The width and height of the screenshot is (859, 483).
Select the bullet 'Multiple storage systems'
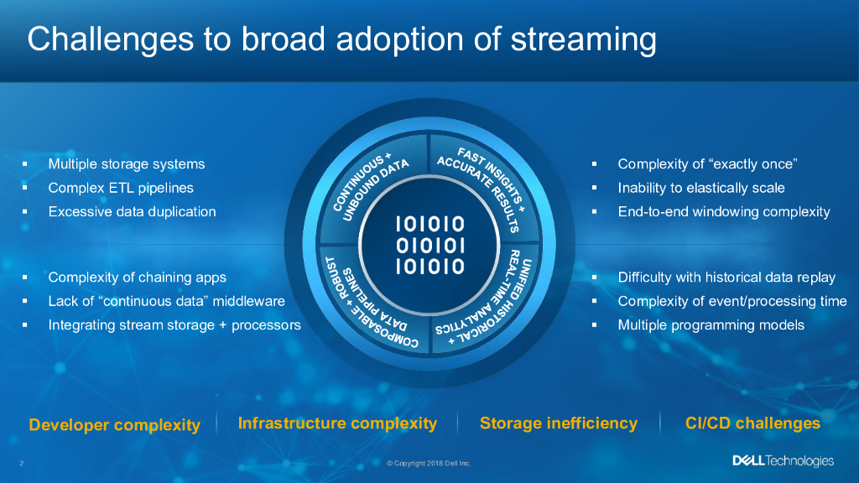point(126,164)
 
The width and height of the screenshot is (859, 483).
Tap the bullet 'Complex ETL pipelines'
point(121,188)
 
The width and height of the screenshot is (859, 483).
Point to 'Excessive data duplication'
point(132,212)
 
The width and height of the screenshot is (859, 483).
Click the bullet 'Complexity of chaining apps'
point(137,278)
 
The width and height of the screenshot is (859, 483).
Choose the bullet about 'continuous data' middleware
point(166,301)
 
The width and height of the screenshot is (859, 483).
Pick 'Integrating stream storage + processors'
point(174,325)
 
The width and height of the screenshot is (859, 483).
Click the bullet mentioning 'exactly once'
point(706,164)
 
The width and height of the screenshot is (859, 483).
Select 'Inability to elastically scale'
point(700,188)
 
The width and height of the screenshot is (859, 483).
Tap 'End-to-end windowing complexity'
point(723,212)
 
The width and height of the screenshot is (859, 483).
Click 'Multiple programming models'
point(711,325)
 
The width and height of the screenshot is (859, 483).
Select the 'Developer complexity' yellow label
point(114,425)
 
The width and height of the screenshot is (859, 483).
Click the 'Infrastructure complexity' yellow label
point(337,423)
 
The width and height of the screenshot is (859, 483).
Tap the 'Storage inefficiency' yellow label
point(558,423)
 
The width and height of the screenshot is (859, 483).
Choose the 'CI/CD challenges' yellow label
point(752,423)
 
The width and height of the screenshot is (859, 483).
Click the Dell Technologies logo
point(783,461)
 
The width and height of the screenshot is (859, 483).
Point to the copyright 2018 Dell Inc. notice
point(429,464)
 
